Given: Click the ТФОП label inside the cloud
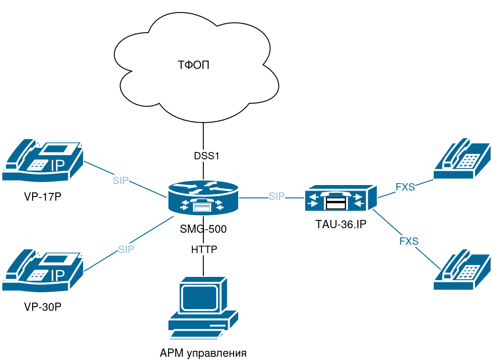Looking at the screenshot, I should [x=193, y=65].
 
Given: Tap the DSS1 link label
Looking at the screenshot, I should [x=207, y=156].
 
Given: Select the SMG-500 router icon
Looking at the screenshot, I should [x=203, y=198].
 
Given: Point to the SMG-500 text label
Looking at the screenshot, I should [x=203, y=229].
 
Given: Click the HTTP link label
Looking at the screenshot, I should [x=204, y=249].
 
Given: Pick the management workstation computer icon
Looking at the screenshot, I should [x=203, y=308].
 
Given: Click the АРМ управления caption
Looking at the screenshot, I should [x=203, y=353].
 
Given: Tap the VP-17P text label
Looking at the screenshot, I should [x=43, y=197].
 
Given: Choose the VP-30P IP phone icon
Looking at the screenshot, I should [x=43, y=270].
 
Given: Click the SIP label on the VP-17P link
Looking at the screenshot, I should [x=121, y=180].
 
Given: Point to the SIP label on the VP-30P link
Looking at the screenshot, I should [x=126, y=249].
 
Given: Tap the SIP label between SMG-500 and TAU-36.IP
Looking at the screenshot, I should [x=277, y=197].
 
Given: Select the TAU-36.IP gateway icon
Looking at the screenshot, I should [x=341, y=198].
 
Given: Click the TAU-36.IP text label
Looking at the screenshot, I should [x=341, y=225].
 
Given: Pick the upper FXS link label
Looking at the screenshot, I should [x=405, y=187].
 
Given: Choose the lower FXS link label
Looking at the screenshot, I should [x=408, y=241].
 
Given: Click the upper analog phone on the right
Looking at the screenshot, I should [x=462, y=158].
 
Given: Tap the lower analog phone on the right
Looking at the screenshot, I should [x=462, y=270].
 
